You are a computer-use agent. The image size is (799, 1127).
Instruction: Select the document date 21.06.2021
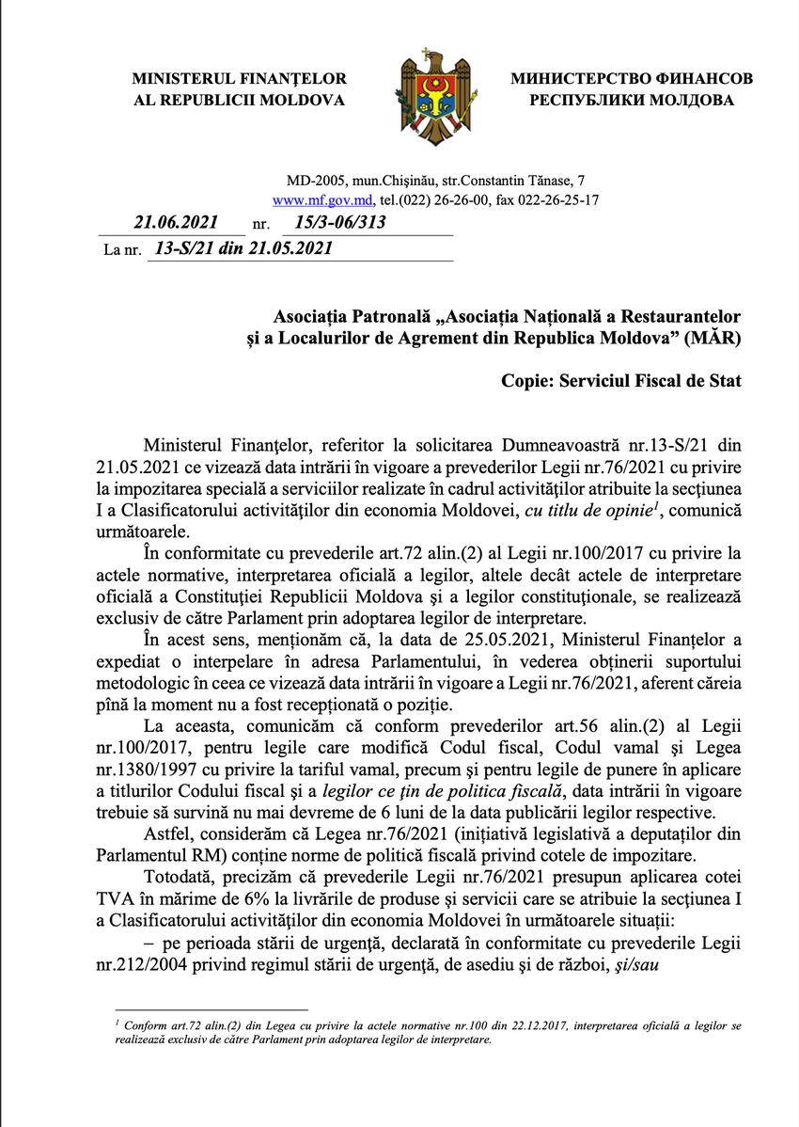pyautogui.click(x=176, y=223)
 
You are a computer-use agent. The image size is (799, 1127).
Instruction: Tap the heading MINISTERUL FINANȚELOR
pyautogui.click(x=239, y=79)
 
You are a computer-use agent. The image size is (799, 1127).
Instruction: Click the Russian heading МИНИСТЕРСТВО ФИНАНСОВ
pyautogui.click(x=631, y=79)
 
